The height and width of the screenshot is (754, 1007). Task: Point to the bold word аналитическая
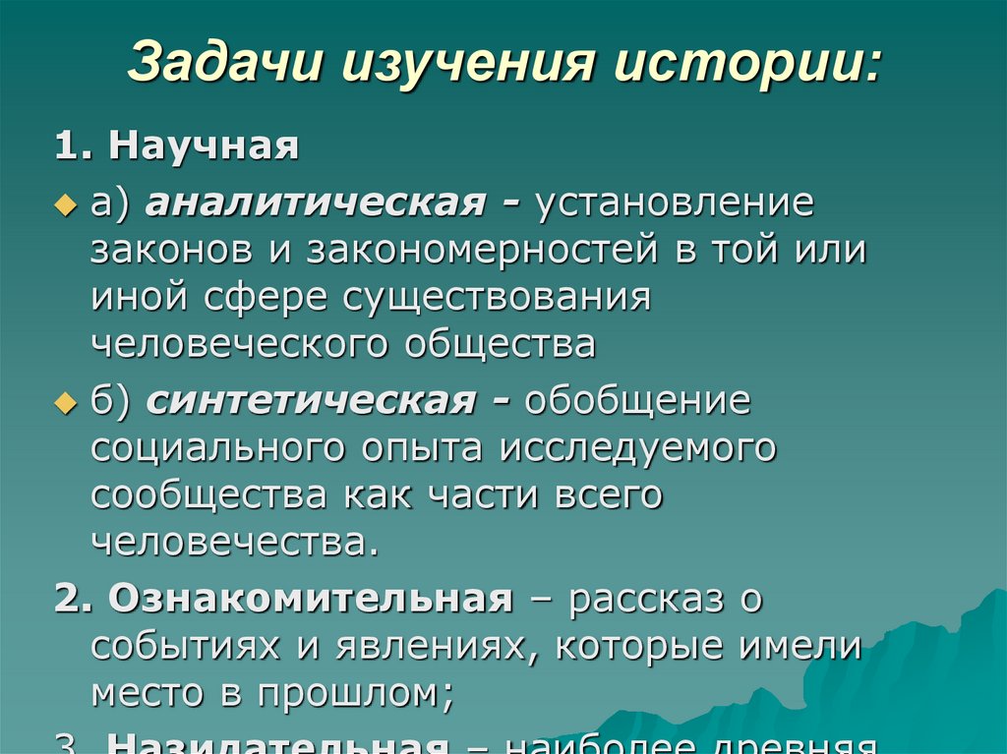coord(313,203)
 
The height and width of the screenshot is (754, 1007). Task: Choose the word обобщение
coord(638,402)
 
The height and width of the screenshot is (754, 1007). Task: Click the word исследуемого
coord(637,448)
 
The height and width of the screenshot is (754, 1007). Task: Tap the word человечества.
coord(234,542)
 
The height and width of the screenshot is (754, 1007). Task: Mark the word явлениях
coord(448,646)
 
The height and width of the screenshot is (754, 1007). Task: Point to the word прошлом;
coord(355,693)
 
